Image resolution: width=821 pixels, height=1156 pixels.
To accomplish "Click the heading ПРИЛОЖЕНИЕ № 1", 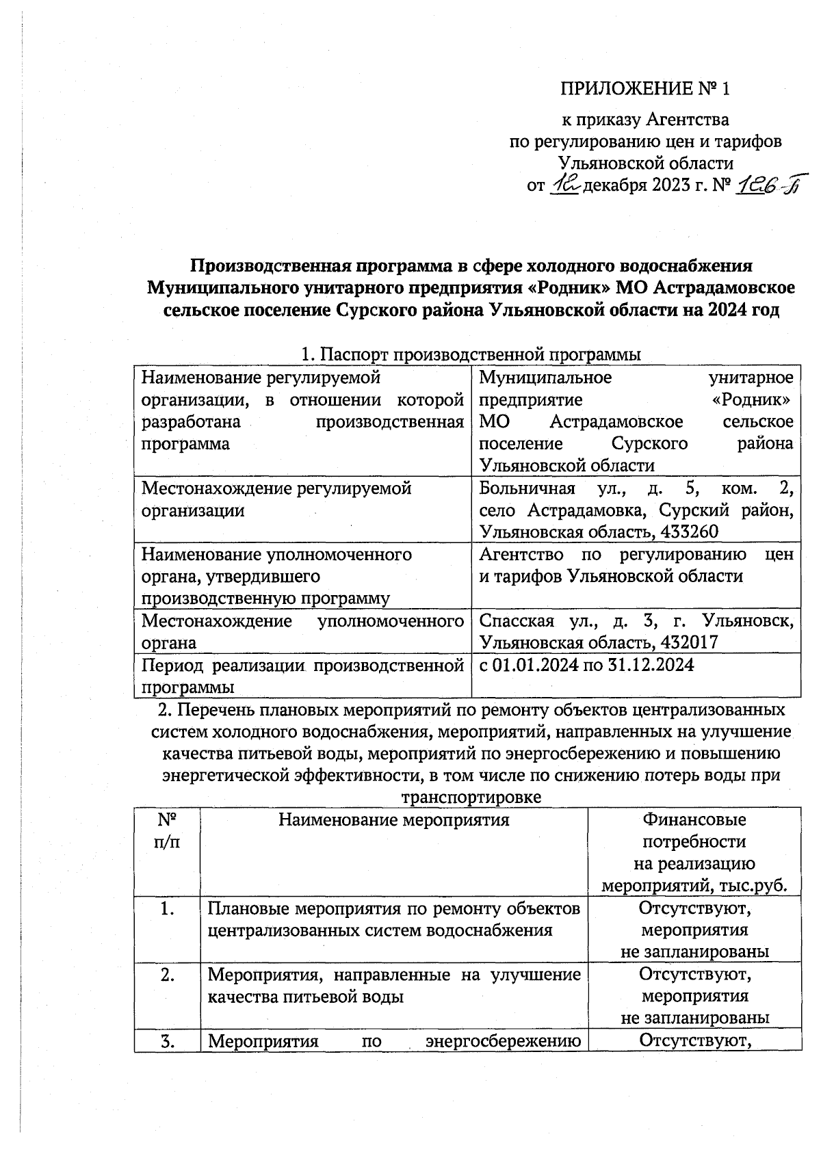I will coord(646,89).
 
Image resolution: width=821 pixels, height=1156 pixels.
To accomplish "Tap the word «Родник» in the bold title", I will coord(569,287).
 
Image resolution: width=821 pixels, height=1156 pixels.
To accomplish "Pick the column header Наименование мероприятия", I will coord(394,819).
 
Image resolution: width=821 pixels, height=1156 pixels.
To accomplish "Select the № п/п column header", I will coord(167,829).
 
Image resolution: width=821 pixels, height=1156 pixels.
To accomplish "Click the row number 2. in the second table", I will coord(167,975).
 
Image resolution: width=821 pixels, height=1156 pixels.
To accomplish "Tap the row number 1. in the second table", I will coord(167,909).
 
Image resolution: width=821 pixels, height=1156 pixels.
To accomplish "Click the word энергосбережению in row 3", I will coord(503,1041).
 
